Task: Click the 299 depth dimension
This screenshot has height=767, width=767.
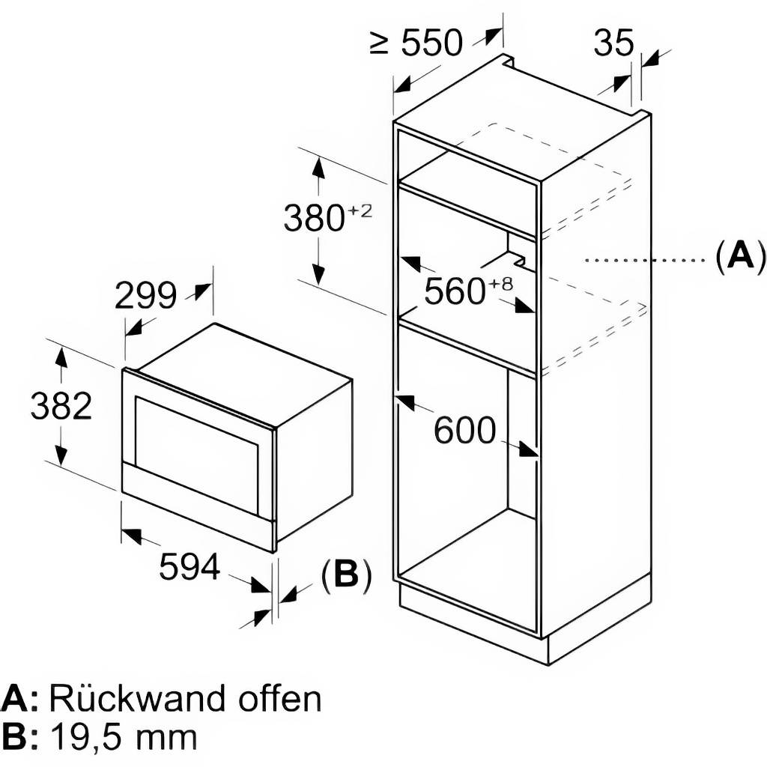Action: pyautogui.click(x=145, y=297)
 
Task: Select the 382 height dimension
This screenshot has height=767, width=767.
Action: pyautogui.click(x=61, y=407)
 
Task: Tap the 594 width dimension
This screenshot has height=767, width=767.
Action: pyautogui.click(x=190, y=567)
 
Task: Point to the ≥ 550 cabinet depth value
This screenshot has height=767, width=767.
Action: pyautogui.click(x=430, y=44)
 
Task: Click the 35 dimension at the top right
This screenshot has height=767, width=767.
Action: pyautogui.click(x=613, y=43)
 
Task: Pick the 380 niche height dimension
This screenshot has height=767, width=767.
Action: pyautogui.click(x=313, y=218)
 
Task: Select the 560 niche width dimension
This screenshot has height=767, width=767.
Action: pyautogui.click(x=455, y=291)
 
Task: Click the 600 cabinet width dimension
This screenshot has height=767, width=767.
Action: pyautogui.click(x=464, y=431)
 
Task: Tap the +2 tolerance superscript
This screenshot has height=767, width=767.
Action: pyautogui.click(x=360, y=210)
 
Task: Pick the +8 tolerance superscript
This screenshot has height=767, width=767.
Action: pyautogui.click(x=502, y=283)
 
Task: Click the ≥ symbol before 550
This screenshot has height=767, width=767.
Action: pyautogui.click(x=380, y=44)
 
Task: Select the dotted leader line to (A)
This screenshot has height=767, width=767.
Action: pyautogui.click(x=644, y=261)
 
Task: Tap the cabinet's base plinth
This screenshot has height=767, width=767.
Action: pyautogui.click(x=524, y=625)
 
